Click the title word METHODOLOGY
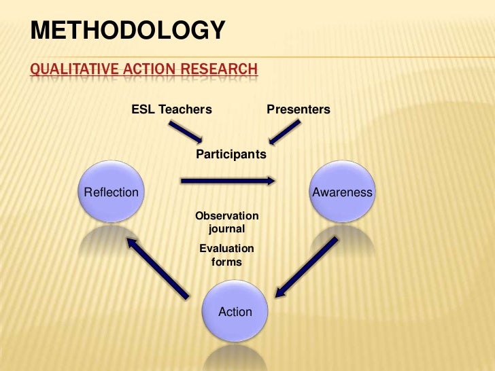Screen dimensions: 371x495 (x=128, y=31)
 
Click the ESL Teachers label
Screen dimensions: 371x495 (x=171, y=109)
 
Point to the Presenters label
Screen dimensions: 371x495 (x=298, y=109)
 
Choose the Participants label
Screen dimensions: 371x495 (x=231, y=155)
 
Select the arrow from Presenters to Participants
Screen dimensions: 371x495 (x=284, y=132)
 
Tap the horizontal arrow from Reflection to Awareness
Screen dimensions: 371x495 (x=228, y=181)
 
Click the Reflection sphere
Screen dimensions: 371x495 (x=111, y=192)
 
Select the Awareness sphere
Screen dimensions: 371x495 (x=342, y=192)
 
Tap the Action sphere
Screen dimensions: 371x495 (x=235, y=312)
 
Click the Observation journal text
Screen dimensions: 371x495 (x=227, y=223)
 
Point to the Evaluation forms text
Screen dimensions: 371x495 (x=226, y=255)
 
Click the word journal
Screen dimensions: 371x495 (x=226, y=230)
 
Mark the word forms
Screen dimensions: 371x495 (x=226, y=262)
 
